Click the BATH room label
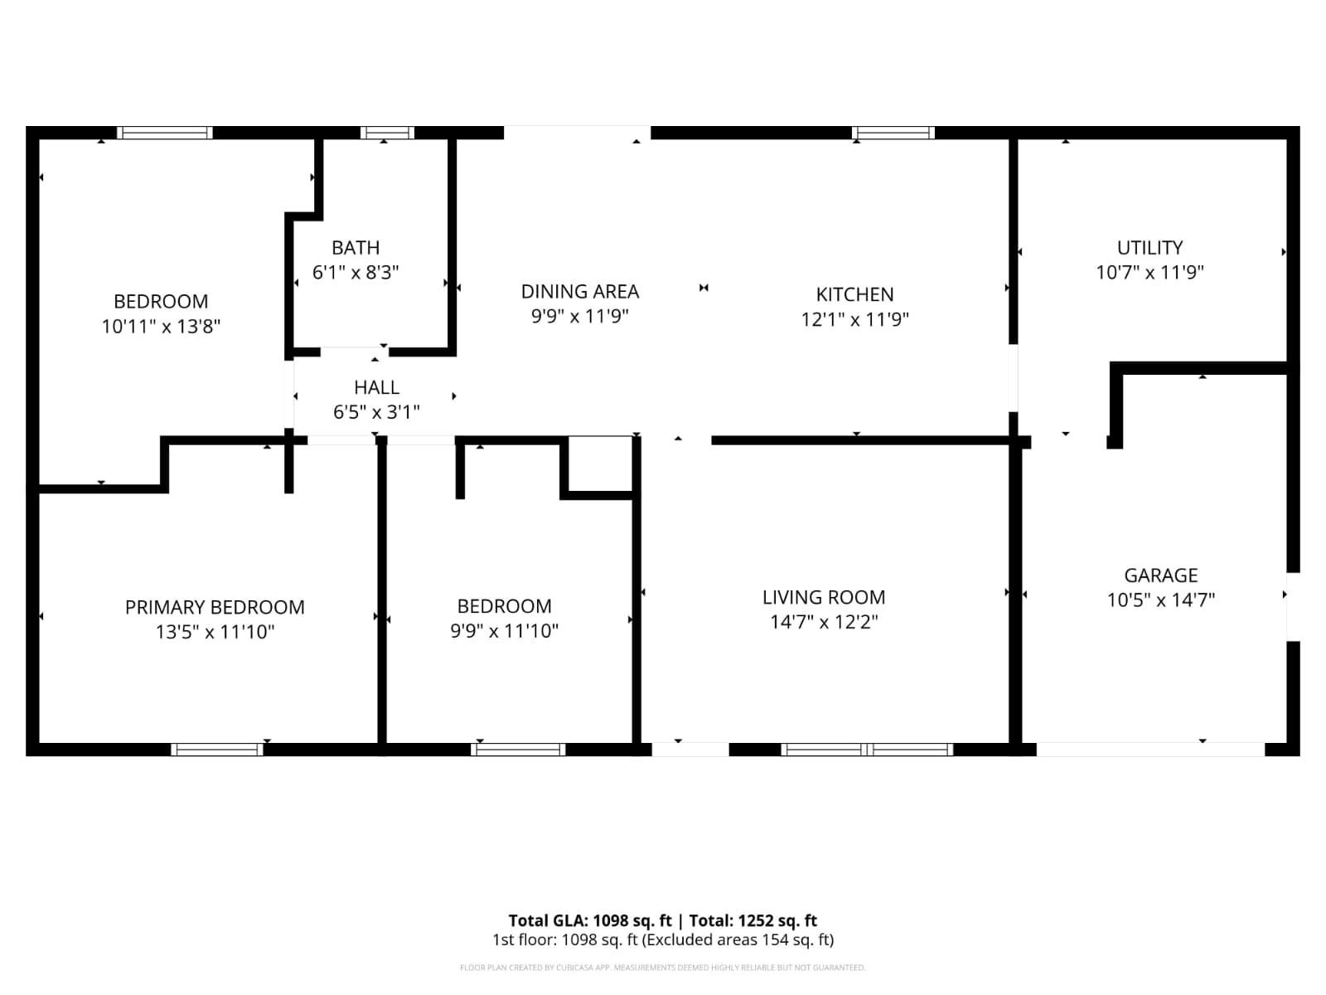(356, 247)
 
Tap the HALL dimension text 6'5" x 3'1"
(376, 412)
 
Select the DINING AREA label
(579, 291)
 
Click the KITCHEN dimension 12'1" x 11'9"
(854, 319)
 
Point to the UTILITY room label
(1149, 247)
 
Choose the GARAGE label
(1160, 575)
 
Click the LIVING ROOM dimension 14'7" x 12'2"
(823, 622)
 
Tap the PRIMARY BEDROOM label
(215, 607)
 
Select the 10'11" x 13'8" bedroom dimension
(161, 326)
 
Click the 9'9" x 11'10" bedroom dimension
(504, 631)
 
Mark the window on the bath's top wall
(387, 133)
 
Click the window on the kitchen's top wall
(893, 133)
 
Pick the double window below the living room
(867, 750)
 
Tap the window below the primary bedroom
(217, 750)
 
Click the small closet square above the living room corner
(601, 464)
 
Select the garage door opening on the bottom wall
(1150, 750)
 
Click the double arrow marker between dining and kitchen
(704, 288)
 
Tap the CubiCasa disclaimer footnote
(662, 968)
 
